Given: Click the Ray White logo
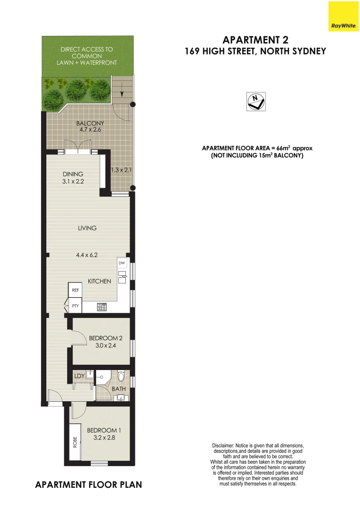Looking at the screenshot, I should tap(343, 17).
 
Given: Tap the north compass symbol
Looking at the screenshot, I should tap(256, 101).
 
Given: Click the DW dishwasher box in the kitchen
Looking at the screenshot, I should tap(122, 263).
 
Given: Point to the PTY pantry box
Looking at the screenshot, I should tap(75, 306).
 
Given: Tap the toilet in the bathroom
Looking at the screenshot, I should tap(122, 377).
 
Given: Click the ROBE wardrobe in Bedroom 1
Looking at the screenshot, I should tap(75, 442).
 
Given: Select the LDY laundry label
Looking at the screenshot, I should tap(79, 376).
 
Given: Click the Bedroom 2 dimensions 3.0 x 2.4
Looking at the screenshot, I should tap(103, 346).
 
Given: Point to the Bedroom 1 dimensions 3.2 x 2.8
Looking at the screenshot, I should tap(101, 438).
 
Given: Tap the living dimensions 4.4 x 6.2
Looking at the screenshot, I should tap(87, 255).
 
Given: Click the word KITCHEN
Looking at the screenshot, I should tap(99, 281).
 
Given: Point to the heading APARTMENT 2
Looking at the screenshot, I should tap(255, 39).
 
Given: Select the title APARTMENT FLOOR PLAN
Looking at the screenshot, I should tap(88, 485).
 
